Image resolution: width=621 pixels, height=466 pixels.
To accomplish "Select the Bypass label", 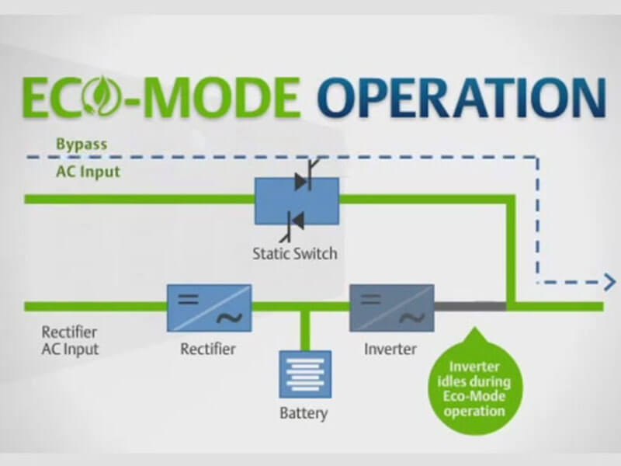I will pyautogui.click(x=81, y=144).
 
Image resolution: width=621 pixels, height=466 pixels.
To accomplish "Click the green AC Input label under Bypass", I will pyautogui.click(x=88, y=172).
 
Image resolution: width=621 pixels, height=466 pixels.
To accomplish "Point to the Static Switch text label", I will pyautogui.click(x=295, y=253).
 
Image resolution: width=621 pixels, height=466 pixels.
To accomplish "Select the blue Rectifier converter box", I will pyautogui.click(x=209, y=306).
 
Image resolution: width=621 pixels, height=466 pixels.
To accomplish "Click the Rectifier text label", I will pyautogui.click(x=208, y=349).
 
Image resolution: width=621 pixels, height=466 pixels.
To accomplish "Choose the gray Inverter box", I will pyautogui.click(x=391, y=306).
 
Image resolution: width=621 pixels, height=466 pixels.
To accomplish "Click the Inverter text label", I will pyautogui.click(x=390, y=349).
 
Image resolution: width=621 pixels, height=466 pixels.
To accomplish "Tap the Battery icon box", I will pyautogui.click(x=305, y=374).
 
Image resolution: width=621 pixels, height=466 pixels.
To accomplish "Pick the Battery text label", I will pyautogui.click(x=304, y=412).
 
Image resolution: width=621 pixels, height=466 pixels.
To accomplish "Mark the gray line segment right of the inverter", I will pyautogui.click(x=469, y=305).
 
